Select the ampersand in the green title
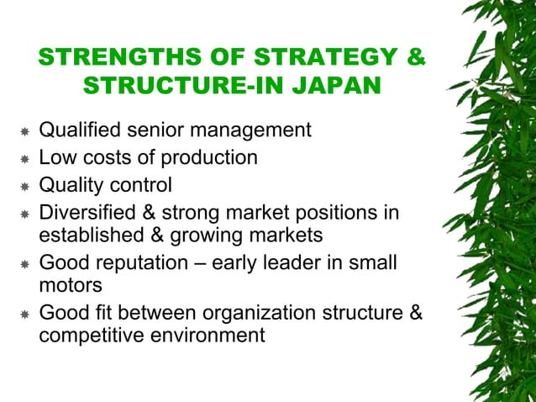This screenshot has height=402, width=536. [415, 58]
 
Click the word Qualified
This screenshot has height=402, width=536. [80, 131]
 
